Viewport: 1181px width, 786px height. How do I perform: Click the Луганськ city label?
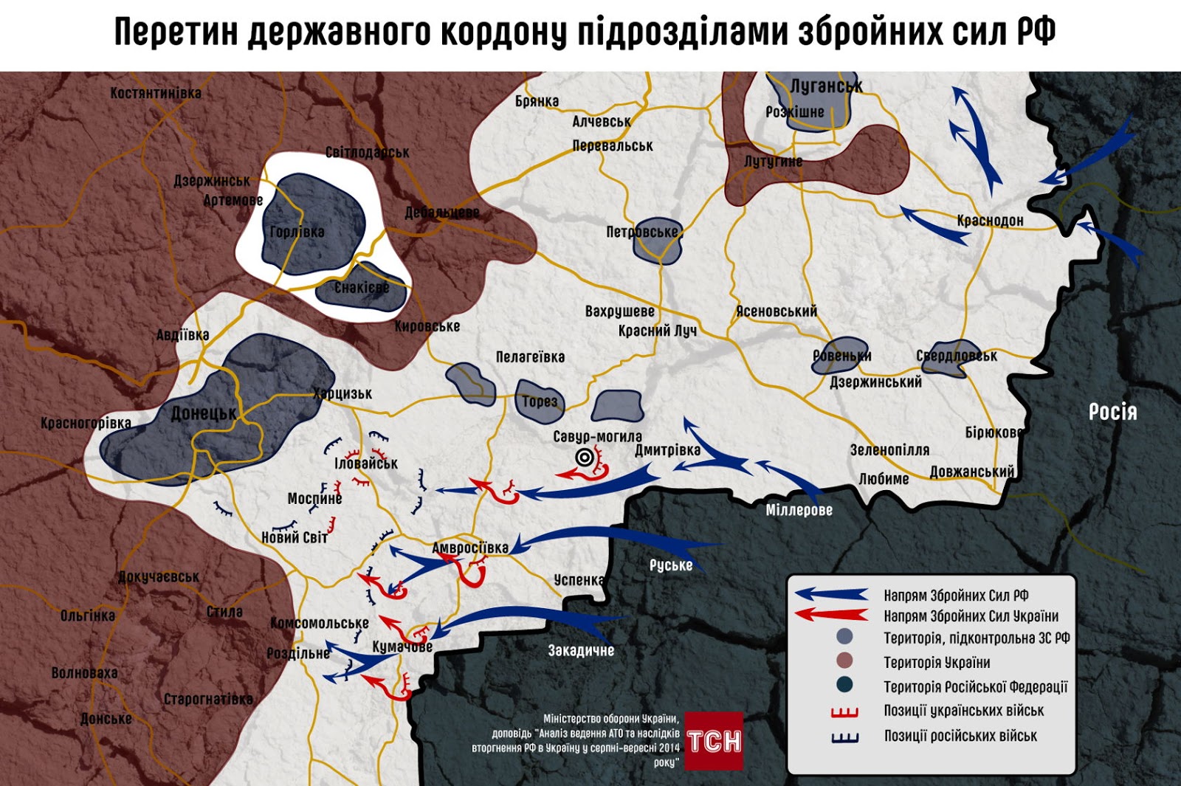[826, 86]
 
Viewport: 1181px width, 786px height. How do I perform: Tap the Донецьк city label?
[204, 413]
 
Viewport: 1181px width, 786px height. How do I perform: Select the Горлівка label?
[297, 232]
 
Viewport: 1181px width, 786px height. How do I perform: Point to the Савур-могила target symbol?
[585, 458]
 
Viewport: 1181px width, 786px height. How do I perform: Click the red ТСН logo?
[714, 740]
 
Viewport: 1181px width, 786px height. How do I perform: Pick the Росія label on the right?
[1112, 412]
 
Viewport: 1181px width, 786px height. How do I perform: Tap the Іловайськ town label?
[366, 463]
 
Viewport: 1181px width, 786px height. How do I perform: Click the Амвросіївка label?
[470, 548]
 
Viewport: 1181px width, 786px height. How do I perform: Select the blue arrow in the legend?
[831, 594]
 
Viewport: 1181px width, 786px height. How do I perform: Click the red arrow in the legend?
[831, 615]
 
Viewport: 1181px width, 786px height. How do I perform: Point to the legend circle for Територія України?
[845, 661]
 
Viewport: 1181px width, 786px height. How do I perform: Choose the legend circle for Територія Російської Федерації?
[845, 685]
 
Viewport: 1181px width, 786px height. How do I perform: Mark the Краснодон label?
[990, 220]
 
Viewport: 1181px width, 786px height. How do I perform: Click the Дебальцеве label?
[441, 213]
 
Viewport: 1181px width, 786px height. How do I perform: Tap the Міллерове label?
[799, 510]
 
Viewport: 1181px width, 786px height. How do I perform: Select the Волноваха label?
[84, 673]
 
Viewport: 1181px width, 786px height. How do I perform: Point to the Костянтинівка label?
[156, 93]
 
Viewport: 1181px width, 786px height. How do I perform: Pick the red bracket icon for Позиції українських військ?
[845, 711]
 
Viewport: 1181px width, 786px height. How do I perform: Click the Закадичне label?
[581, 650]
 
